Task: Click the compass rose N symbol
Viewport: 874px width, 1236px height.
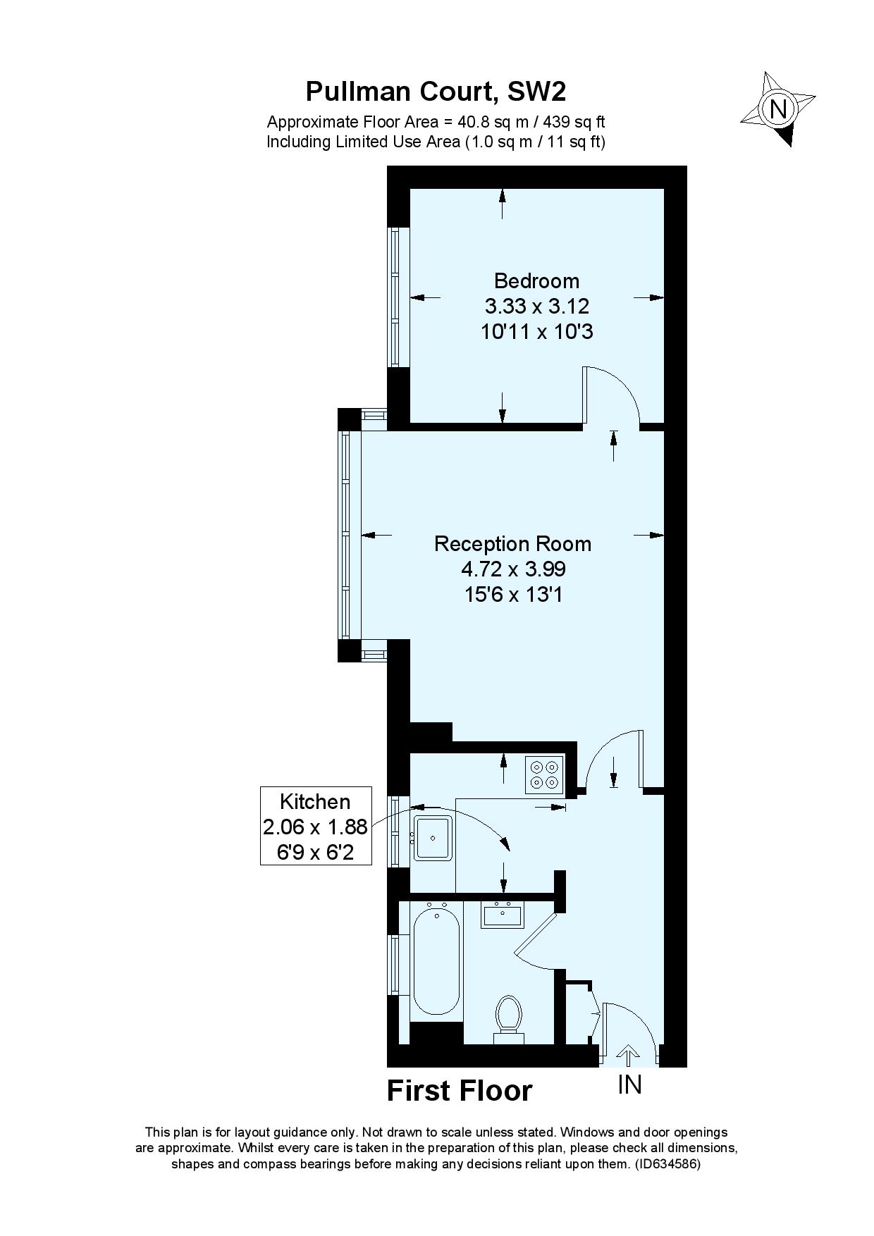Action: (x=778, y=109)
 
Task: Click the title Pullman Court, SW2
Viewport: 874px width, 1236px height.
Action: (x=436, y=92)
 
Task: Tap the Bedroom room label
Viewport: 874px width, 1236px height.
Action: (x=536, y=280)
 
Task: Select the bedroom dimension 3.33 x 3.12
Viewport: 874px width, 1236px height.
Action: (x=536, y=306)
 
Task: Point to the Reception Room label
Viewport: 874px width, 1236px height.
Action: (x=512, y=543)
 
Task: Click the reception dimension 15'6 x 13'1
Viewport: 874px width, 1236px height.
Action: (x=512, y=594)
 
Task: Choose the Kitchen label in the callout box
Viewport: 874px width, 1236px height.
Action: (x=315, y=801)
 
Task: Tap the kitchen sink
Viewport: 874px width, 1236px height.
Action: (x=433, y=838)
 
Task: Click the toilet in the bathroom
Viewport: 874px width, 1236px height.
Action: (x=509, y=1019)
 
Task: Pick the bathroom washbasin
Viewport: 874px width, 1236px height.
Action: (x=503, y=915)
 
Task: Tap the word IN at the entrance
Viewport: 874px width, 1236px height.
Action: (x=629, y=1085)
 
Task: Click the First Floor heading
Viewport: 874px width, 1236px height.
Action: (x=460, y=1091)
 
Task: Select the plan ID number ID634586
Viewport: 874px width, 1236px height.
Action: (x=667, y=1164)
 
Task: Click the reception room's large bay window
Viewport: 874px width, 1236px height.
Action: (x=345, y=535)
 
